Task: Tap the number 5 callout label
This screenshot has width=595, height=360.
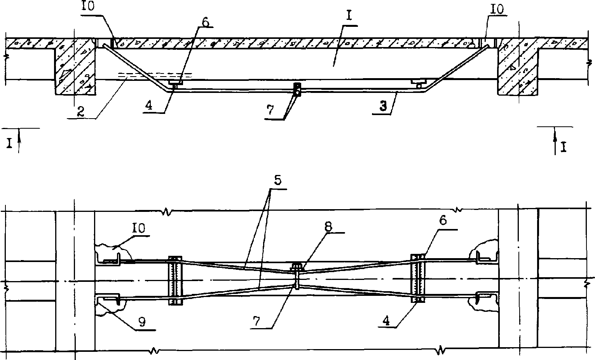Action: click(278, 180)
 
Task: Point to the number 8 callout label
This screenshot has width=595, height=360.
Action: click(328, 227)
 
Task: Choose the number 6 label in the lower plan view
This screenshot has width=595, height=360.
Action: click(443, 221)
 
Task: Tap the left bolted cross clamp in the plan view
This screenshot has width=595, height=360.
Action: click(175, 280)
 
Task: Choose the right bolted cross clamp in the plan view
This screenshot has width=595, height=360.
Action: click(419, 278)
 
